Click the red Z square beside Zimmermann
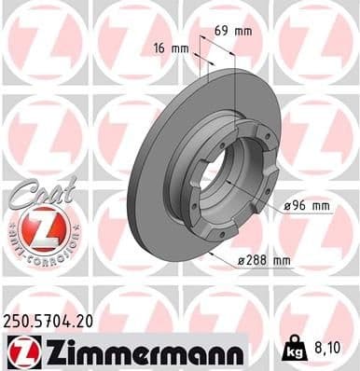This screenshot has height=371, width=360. coord(21,352)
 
